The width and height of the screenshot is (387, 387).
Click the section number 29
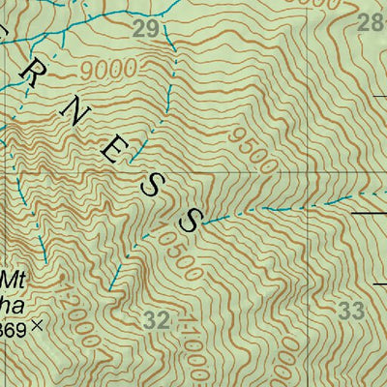[x=145, y=30]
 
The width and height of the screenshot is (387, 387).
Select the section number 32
[x=157, y=320]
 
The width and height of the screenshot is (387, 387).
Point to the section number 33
[x=354, y=311]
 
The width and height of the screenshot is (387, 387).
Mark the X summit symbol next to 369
[x=38, y=326]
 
